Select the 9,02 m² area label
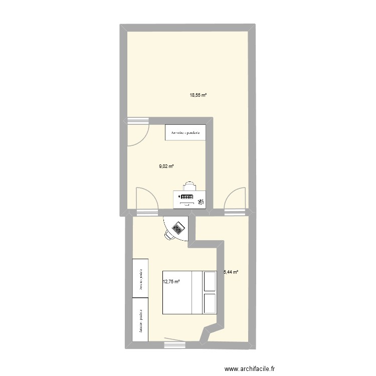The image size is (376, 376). [x=166, y=166]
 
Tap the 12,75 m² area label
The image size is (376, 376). [x=171, y=281]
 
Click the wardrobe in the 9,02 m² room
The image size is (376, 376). [x=185, y=133]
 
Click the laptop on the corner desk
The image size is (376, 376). [x=177, y=228]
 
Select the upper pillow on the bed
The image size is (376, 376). [x=209, y=281]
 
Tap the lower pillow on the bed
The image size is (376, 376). [x=209, y=304]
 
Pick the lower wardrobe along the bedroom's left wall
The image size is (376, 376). [x=140, y=316]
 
